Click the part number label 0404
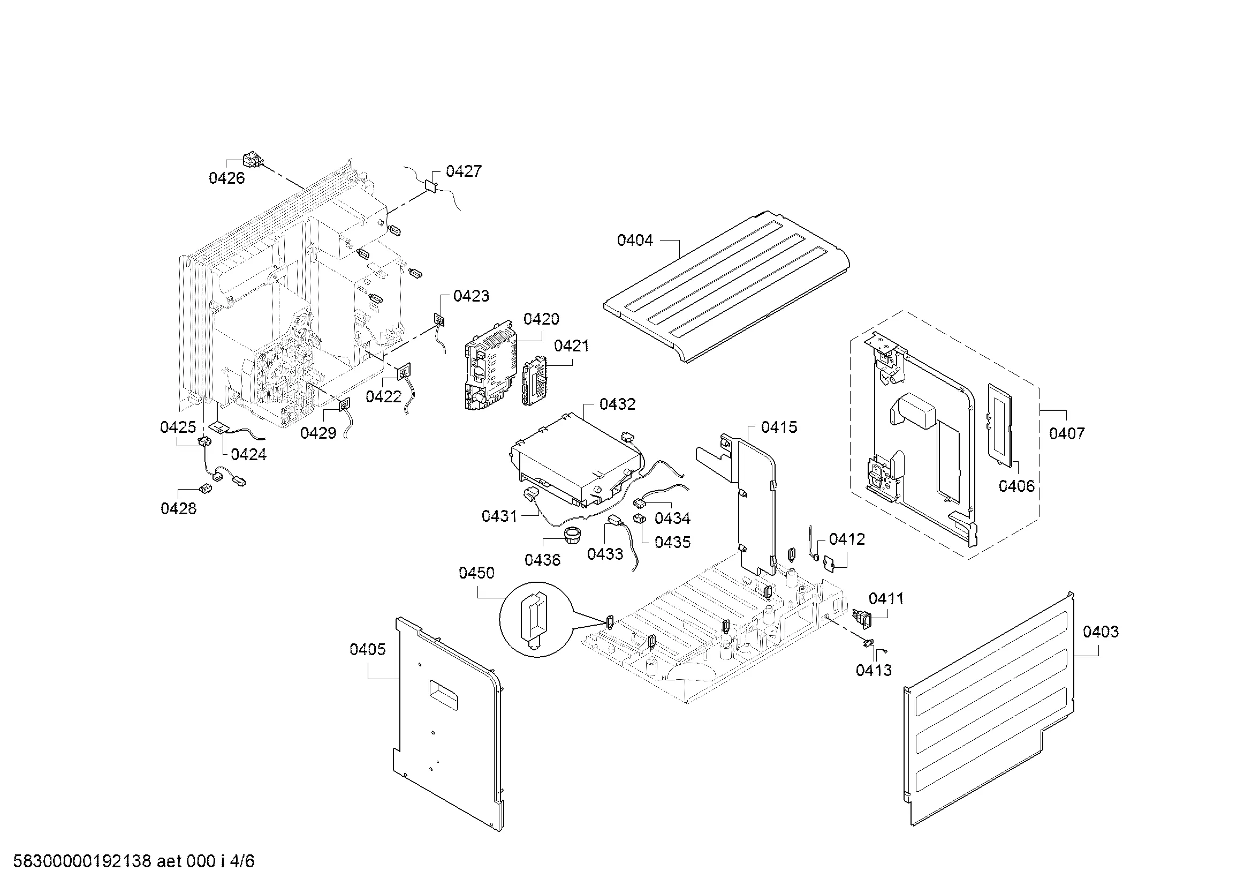[x=635, y=240]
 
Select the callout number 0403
[x=1101, y=632]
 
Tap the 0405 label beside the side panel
[x=367, y=649]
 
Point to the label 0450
[x=476, y=573]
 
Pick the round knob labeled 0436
[x=572, y=534]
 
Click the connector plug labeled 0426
[x=251, y=160]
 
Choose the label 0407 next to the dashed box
[x=1067, y=434]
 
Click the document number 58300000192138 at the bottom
[x=82, y=861]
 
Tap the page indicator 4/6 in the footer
[x=242, y=861]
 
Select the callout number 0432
[x=617, y=404]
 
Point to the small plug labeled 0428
[x=206, y=489]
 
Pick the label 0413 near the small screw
[x=874, y=671]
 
